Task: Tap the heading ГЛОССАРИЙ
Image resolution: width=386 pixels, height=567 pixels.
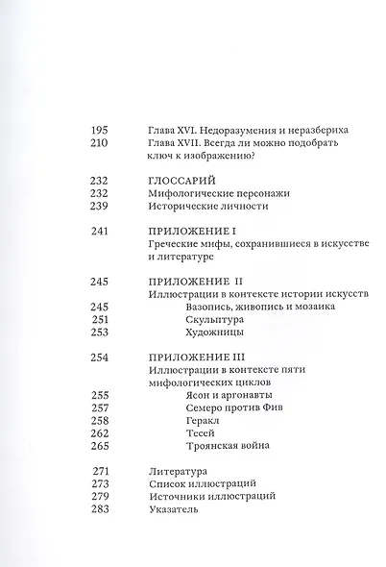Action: [184, 179]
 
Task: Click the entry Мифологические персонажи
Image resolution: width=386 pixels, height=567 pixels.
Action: [213, 193]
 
